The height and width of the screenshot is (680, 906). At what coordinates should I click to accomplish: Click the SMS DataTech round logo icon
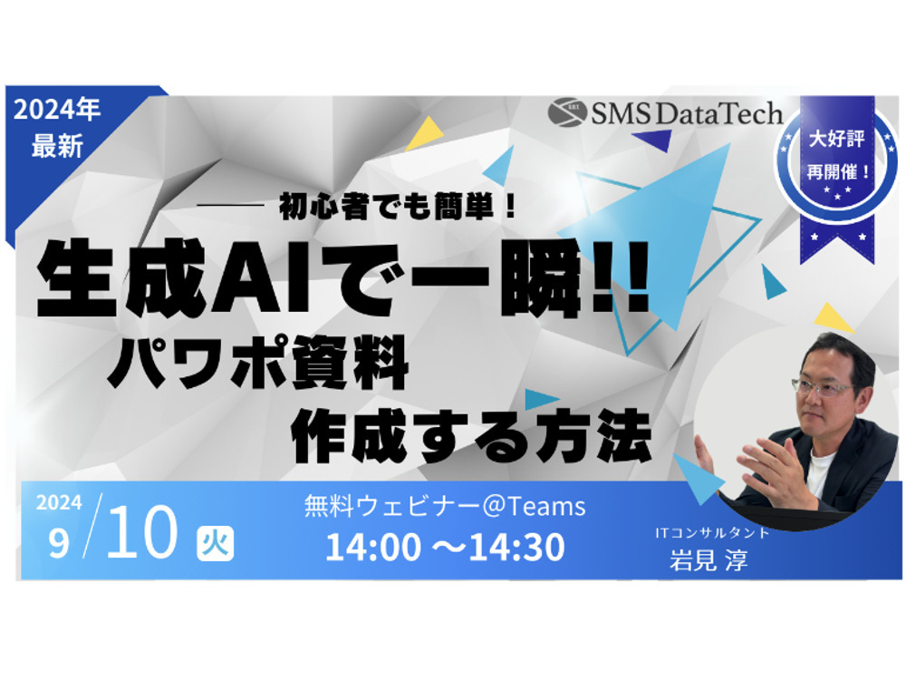pos(567,112)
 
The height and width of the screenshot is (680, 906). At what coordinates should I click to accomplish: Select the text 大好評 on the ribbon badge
pos(836,139)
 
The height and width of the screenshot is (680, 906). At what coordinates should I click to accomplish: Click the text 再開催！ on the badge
pos(838,171)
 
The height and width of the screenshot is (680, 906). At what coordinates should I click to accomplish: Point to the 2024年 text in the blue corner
pos(57,110)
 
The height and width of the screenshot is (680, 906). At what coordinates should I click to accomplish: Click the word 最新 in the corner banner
pos(57,146)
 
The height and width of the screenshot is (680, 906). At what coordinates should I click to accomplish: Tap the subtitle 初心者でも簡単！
pos(397,207)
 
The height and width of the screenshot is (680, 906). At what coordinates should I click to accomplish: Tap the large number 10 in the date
pos(141,531)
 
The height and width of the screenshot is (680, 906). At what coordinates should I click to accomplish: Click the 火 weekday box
pos(215,543)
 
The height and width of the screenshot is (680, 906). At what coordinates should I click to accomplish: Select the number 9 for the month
pos(59,542)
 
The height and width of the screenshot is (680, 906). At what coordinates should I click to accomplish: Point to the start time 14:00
pos(373,547)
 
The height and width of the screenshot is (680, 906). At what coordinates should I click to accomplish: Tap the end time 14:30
pos(516,547)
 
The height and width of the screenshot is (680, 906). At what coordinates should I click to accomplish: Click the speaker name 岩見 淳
pos(709,560)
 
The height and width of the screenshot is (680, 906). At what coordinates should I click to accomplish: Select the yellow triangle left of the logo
pos(425,134)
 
